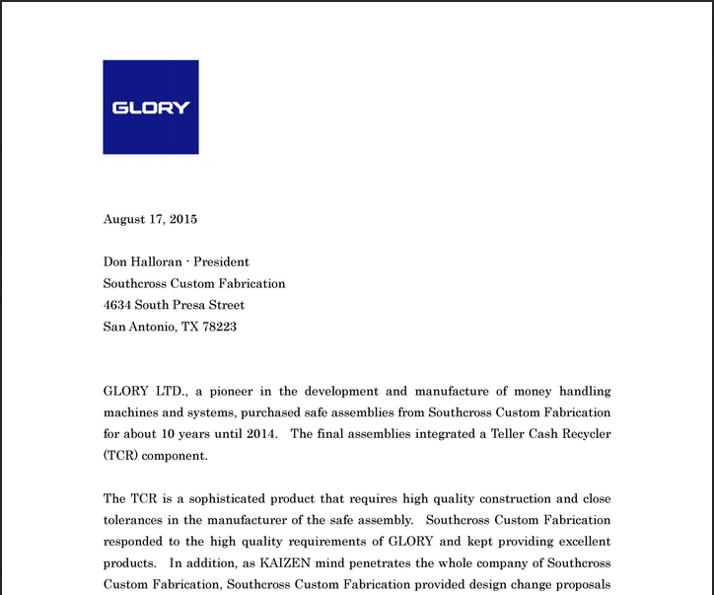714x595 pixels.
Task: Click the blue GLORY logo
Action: click(150, 107)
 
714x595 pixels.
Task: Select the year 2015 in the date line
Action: click(182, 219)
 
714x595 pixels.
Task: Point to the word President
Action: click(221, 261)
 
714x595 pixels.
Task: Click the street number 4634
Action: click(117, 305)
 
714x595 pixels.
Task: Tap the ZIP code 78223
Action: click(220, 327)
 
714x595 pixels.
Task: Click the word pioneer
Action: click(235, 391)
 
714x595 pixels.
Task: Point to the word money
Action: click(534, 391)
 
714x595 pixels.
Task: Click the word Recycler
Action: click(583, 434)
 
